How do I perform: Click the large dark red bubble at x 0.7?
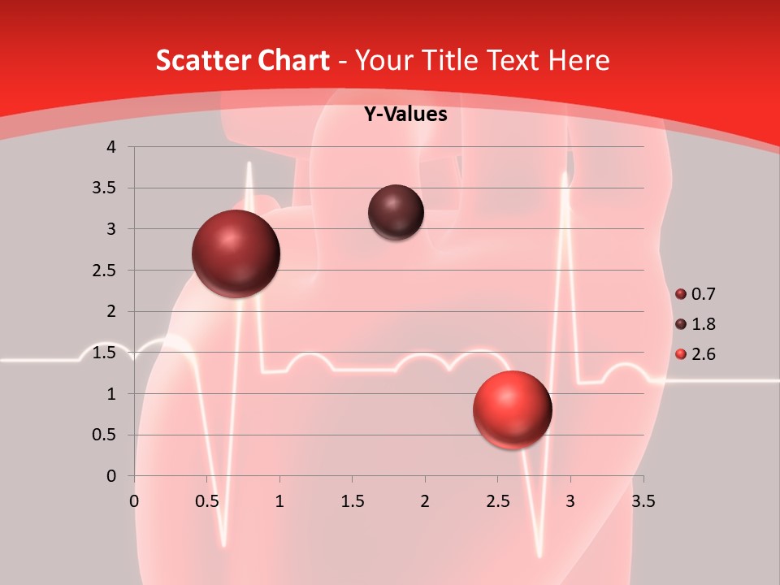coord(236,253)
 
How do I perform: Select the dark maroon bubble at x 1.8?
coord(396,212)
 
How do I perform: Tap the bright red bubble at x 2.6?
coord(512,409)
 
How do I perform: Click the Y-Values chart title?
coord(405,115)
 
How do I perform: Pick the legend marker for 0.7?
coord(681,294)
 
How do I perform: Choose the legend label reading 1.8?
coord(704,324)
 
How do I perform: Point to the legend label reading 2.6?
coord(704,354)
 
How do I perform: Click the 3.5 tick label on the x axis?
coord(643,501)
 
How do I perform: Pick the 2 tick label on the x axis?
coord(425,501)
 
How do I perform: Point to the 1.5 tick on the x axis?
coord(352,501)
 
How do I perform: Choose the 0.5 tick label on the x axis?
coord(206,501)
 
